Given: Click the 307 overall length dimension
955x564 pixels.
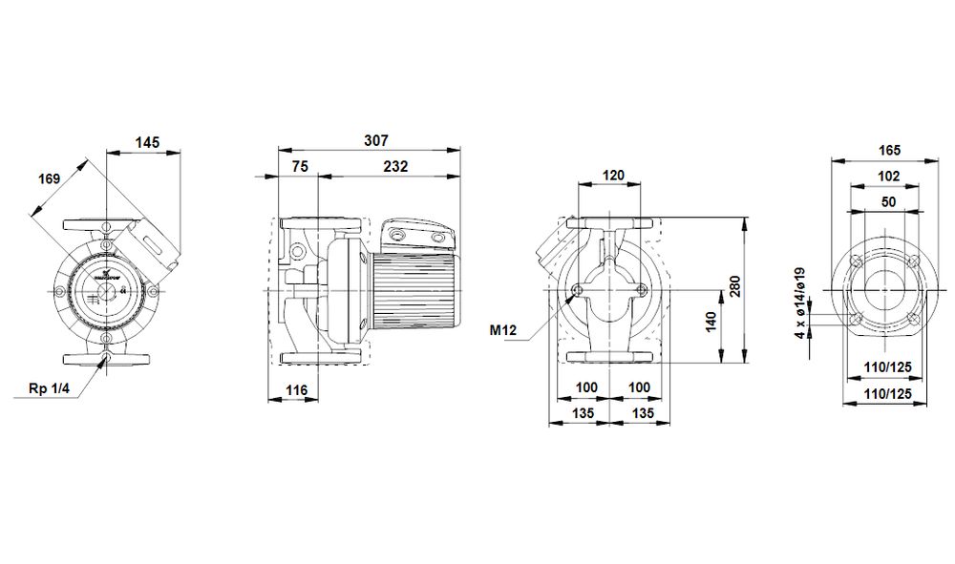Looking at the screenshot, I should (x=376, y=140).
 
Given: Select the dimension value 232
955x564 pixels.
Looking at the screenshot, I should (x=395, y=166).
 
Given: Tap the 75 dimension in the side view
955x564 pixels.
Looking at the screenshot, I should (x=299, y=166).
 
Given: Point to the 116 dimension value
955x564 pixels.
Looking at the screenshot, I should (x=296, y=390).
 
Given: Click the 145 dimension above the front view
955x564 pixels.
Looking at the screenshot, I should (x=146, y=142).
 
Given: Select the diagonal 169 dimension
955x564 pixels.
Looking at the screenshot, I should (x=50, y=178).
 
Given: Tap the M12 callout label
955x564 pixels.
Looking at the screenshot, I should (x=503, y=331).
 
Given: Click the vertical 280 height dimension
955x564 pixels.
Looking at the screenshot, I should (x=734, y=291).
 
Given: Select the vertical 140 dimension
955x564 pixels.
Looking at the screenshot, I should (x=709, y=324).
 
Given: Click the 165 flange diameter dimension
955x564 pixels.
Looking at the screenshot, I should (x=888, y=151).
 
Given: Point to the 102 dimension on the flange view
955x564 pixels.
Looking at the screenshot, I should (x=888, y=177).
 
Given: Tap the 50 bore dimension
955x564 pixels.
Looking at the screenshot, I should (x=888, y=201).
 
